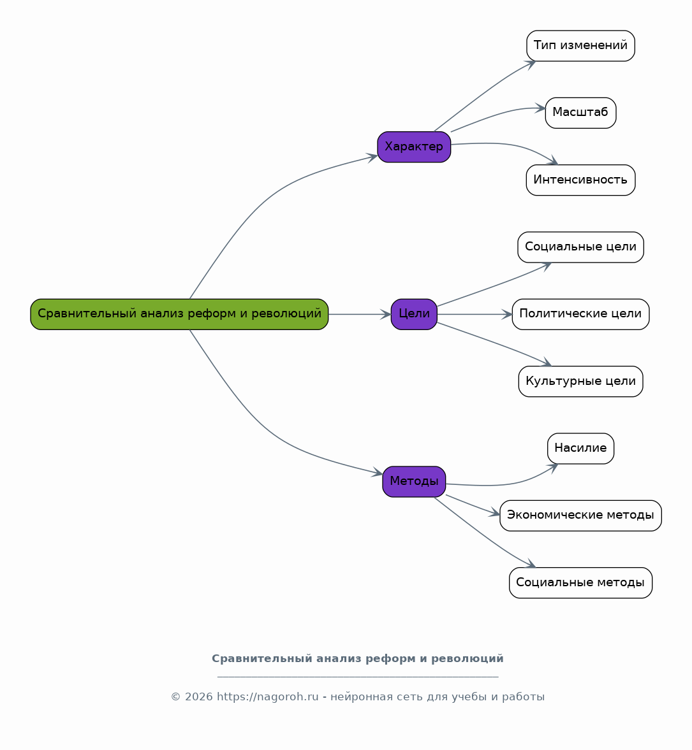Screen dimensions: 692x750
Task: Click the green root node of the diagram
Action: coord(179,314)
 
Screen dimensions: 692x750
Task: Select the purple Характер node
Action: coord(414,147)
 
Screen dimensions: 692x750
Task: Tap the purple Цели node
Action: coord(414,314)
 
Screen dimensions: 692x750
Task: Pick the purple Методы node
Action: coord(414,482)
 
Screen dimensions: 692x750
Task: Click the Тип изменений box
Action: coord(580,46)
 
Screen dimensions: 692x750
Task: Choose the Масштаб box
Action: coord(580,113)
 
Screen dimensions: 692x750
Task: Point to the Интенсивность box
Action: coord(580,180)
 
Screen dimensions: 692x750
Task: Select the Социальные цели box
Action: coord(580,247)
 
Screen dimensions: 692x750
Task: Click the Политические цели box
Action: coord(580,314)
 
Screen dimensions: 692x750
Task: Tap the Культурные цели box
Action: coord(580,381)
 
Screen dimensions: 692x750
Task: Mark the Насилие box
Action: coord(580,449)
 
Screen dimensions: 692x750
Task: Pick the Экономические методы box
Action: coord(580,516)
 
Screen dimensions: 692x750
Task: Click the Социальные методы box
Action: coord(580,582)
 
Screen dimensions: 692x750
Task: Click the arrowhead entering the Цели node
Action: coord(386,314)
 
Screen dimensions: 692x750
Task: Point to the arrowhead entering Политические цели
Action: coord(507,314)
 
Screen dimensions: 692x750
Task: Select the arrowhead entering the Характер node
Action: coord(372,157)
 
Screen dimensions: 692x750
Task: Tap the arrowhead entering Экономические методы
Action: coord(495,513)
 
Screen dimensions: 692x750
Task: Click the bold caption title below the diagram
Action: coord(358,659)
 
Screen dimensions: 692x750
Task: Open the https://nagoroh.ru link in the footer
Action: coord(268,697)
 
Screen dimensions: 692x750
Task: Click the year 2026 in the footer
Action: coord(199,697)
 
